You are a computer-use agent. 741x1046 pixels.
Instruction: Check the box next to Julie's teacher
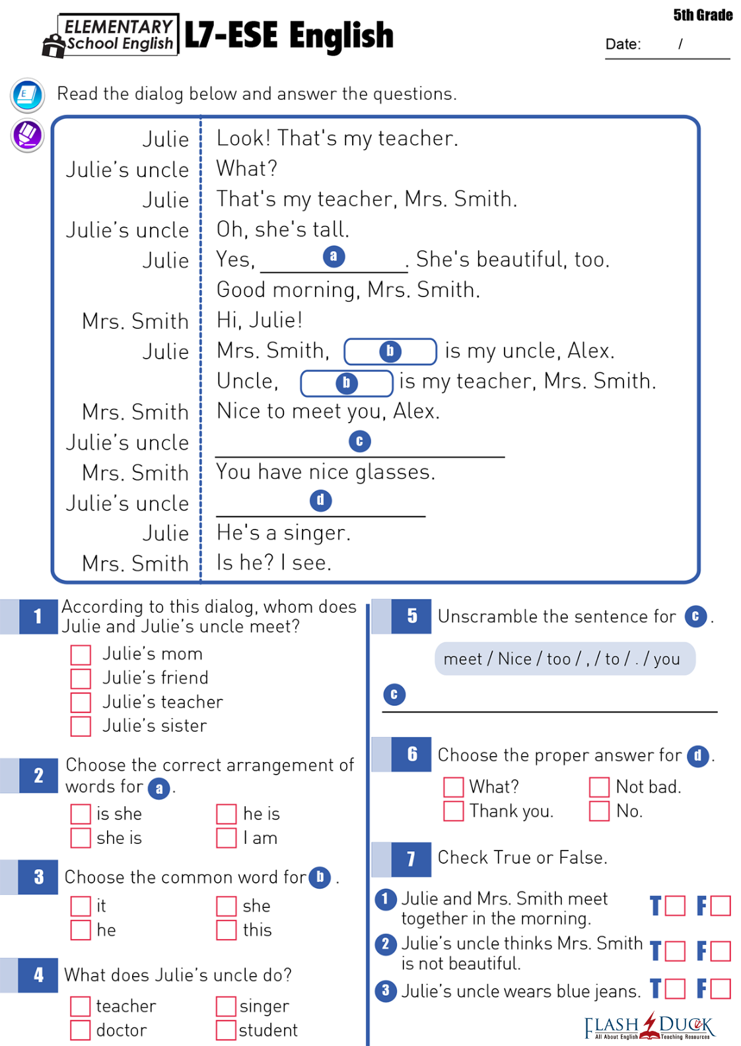tap(81, 703)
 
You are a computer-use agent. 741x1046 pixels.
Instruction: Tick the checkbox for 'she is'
tap(81, 838)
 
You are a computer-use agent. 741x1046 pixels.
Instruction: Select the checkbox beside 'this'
tap(227, 930)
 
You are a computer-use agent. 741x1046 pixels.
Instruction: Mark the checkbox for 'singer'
tap(227, 1006)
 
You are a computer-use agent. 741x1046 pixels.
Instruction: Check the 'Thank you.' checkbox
tap(454, 811)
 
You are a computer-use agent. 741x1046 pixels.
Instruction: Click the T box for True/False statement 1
tap(675, 905)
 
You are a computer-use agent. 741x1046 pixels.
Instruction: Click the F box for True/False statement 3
tap(721, 989)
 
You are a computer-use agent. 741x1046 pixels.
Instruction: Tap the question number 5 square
tap(412, 616)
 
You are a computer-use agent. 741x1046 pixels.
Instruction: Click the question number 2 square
tap(38, 775)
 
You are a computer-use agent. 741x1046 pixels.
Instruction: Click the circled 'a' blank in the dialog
tap(334, 256)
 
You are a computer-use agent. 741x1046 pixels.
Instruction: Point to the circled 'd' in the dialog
tap(320, 501)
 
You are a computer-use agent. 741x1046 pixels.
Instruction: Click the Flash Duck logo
tap(650, 1026)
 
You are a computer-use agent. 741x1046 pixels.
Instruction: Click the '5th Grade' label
tap(703, 15)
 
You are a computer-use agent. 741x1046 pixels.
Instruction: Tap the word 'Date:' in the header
tap(623, 44)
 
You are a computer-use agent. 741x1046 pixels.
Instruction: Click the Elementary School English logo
tap(111, 36)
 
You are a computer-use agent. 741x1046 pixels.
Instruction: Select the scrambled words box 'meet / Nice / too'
tap(565, 659)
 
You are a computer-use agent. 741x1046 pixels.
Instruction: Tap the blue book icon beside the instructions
tap(28, 95)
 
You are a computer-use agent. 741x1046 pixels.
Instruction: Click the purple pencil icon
tap(28, 135)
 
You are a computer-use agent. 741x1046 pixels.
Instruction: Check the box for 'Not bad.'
tap(599, 787)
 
